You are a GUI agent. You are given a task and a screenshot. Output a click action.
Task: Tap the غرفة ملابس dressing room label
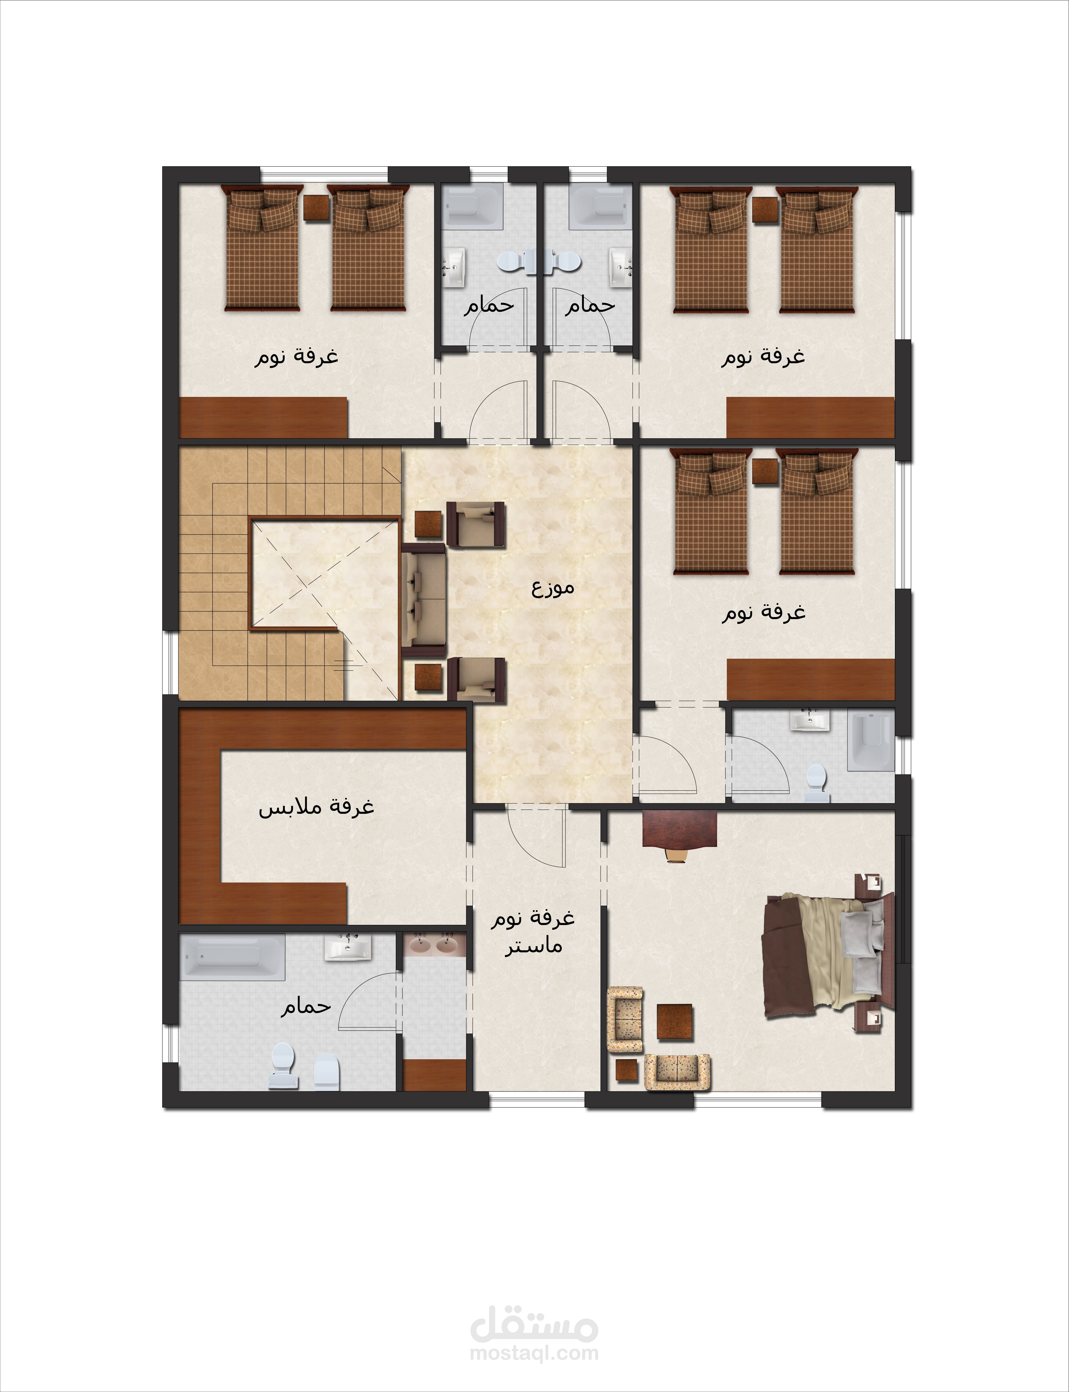(316, 807)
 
